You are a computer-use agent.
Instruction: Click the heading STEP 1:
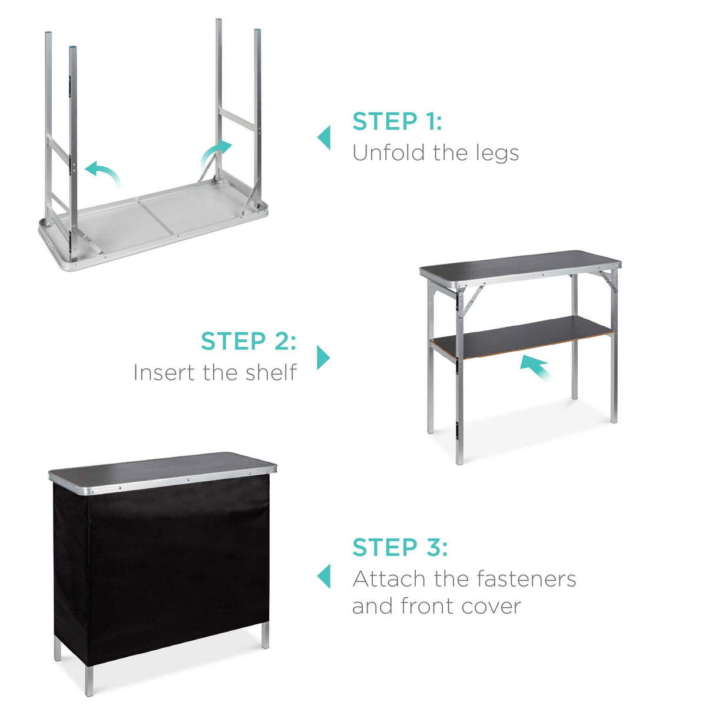[x=397, y=121]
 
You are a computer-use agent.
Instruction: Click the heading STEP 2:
[x=248, y=341]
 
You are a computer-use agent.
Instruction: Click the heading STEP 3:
[x=400, y=547]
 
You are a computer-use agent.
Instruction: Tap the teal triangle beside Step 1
[x=324, y=138]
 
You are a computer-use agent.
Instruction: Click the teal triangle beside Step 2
[x=323, y=357]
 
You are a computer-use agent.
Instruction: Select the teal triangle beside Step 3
[x=324, y=576]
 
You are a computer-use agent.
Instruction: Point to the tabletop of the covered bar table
[x=162, y=465]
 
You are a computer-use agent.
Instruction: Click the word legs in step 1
[x=498, y=153]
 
